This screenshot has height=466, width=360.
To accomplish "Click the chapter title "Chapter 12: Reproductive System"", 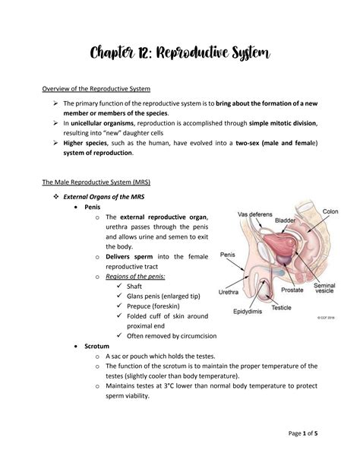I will pyautogui.click(x=179, y=54).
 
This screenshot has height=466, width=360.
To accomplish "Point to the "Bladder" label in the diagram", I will pyautogui.click(x=286, y=220).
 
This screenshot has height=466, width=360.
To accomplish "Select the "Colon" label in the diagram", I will pyautogui.click(x=330, y=211).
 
